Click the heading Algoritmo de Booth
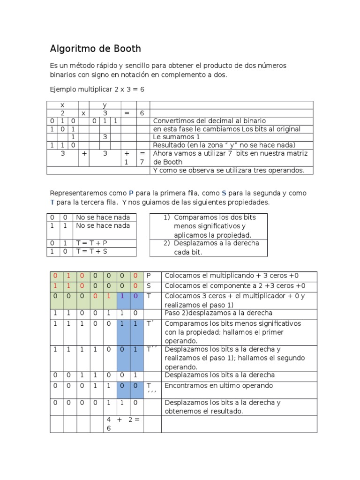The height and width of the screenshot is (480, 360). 95,49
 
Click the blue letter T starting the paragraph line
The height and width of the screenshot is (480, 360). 52,202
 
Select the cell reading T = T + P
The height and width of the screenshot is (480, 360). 92,243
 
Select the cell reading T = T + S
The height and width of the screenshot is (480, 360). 92,252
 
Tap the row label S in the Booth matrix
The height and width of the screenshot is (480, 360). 149,286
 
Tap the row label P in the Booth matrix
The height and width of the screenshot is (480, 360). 149,276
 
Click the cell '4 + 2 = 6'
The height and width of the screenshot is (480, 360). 123,424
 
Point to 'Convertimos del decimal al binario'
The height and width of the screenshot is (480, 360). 210,120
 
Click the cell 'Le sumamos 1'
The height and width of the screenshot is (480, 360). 177,137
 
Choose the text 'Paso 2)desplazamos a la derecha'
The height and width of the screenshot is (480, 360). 218,313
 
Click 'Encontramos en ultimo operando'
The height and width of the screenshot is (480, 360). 218,385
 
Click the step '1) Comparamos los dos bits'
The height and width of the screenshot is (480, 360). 210,217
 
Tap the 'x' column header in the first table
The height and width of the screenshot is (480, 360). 62,105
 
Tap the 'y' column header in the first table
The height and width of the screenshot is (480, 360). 105,105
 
